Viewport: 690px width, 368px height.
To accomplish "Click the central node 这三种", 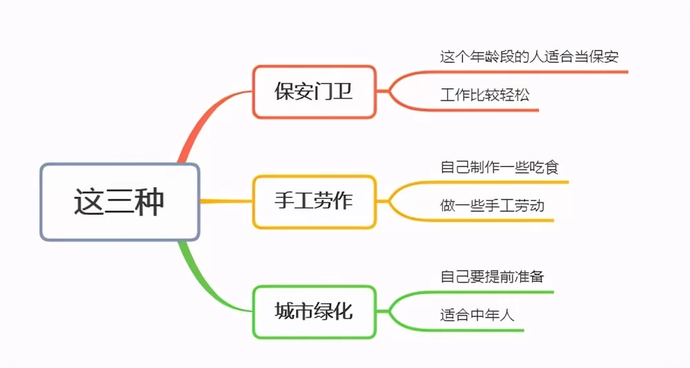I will click(x=119, y=202).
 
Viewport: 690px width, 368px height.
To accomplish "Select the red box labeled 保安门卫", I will click(x=314, y=91).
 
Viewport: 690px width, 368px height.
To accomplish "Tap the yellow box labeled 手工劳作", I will click(x=314, y=202).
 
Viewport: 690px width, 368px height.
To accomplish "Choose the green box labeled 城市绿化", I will click(x=314, y=311).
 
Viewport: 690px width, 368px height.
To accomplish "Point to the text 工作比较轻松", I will click(x=485, y=95).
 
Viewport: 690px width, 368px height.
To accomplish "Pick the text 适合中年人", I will click(x=477, y=316).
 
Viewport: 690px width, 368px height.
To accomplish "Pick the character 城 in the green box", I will click(x=284, y=311).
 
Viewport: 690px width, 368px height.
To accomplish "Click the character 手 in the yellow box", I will click(x=284, y=202).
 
